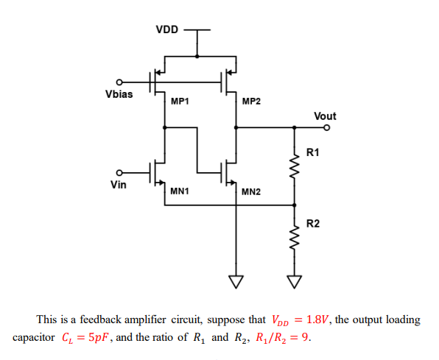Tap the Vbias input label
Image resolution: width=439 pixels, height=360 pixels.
point(119,94)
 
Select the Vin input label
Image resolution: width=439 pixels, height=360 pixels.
point(118,185)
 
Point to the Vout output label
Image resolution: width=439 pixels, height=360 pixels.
point(325,116)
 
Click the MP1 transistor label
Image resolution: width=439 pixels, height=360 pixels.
point(180,101)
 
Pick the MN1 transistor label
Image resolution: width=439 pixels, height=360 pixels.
point(180,191)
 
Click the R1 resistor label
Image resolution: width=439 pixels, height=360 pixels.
point(313,152)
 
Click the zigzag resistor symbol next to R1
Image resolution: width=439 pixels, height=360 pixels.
point(295,171)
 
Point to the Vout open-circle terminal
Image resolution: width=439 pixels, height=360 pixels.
point(326,128)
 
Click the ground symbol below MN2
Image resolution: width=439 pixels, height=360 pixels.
point(236,281)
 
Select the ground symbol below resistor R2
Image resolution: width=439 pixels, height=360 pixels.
point(295,281)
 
